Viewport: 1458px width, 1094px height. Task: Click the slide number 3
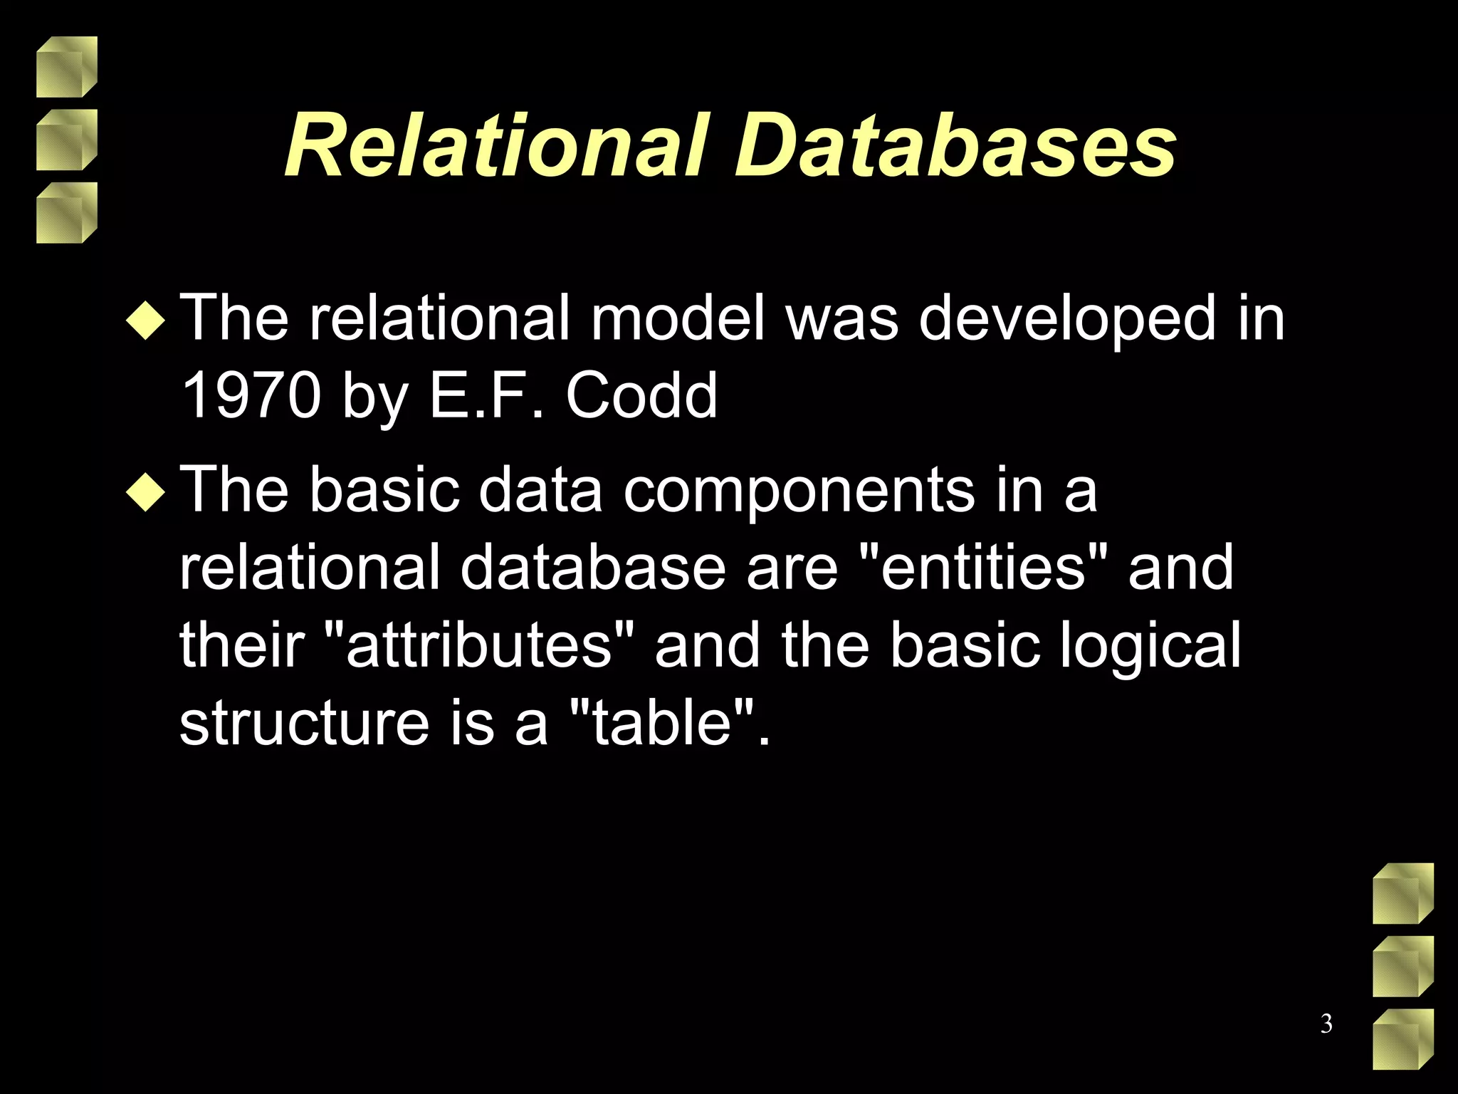1326,1023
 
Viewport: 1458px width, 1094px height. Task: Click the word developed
1067,320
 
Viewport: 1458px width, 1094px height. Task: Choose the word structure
304,722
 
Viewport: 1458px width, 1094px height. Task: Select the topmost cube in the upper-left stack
66,67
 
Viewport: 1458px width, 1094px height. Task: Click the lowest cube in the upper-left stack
66,213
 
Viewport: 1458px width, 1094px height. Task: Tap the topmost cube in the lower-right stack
1402,893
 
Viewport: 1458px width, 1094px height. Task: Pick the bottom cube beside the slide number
1402,1039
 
